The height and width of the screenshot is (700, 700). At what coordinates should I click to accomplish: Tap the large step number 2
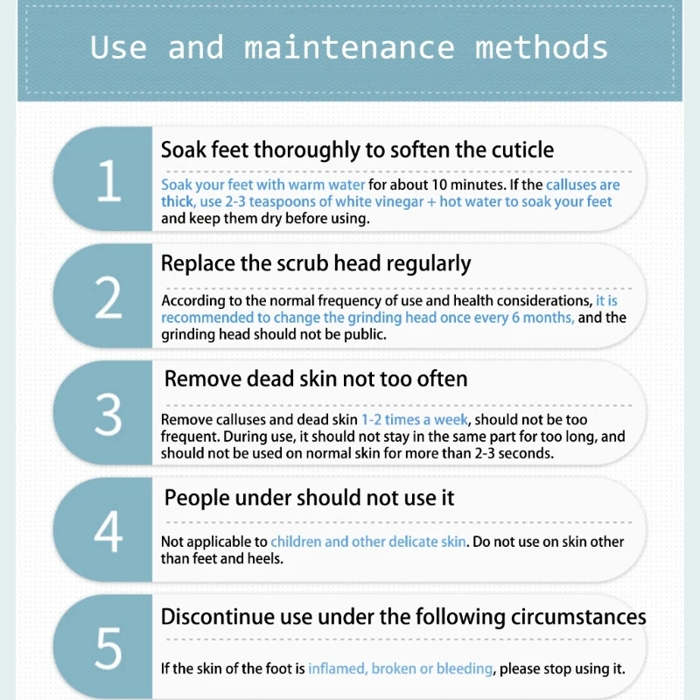[x=108, y=299]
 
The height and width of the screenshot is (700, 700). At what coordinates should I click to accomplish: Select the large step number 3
[x=108, y=415]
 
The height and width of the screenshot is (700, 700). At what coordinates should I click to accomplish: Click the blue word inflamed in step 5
[x=337, y=668]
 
